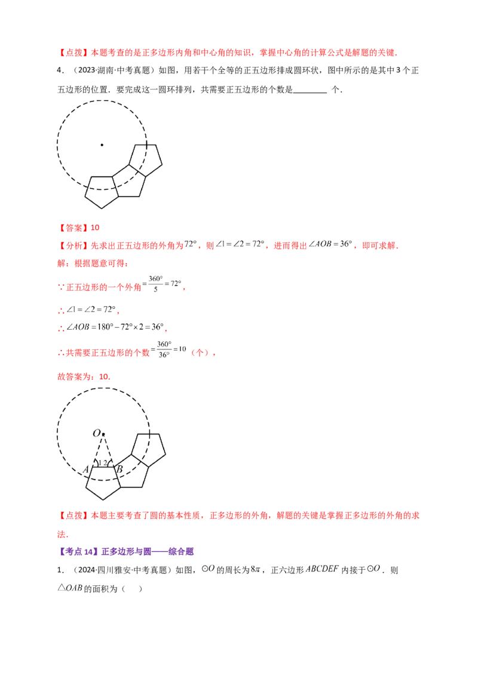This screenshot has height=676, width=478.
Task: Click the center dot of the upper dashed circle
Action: (102, 145)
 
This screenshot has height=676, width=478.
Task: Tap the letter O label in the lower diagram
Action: (97, 433)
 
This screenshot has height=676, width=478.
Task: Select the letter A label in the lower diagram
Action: (86, 469)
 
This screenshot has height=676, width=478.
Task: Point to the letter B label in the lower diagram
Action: (119, 469)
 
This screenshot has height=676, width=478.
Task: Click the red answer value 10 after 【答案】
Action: (95, 228)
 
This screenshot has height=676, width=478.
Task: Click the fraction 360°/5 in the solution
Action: (155, 284)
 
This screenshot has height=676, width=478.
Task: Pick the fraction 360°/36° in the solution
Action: (164, 349)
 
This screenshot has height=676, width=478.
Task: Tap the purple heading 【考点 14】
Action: (78, 551)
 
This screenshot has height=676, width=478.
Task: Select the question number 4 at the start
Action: (60, 70)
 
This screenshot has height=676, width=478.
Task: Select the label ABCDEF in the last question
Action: (322, 569)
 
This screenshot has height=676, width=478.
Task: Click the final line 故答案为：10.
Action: (84, 377)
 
